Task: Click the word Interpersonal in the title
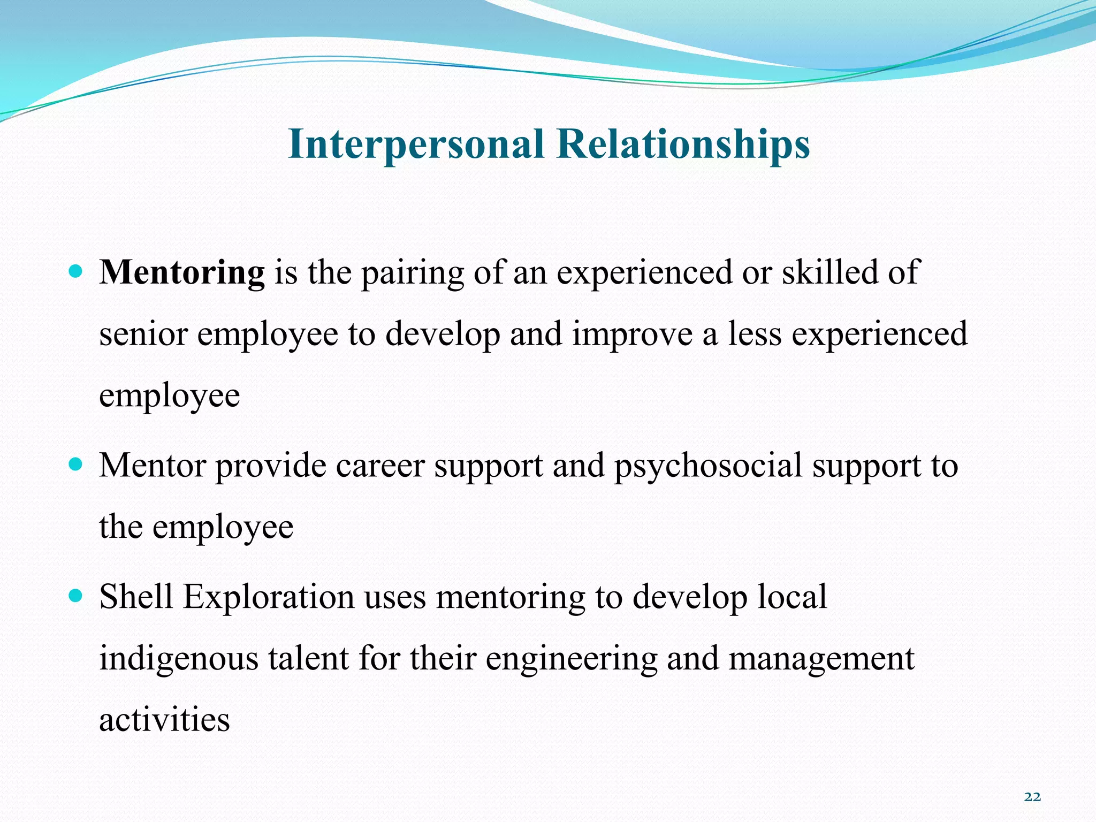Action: (416, 144)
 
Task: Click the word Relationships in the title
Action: (683, 144)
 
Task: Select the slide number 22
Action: (1032, 797)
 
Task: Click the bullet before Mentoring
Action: (76, 271)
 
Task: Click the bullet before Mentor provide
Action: (76, 464)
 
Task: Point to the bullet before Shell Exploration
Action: (76, 595)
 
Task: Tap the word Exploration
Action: (269, 597)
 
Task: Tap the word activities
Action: (164, 720)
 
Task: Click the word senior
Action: (143, 334)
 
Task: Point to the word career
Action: (380, 466)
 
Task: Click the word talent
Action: (309, 658)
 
